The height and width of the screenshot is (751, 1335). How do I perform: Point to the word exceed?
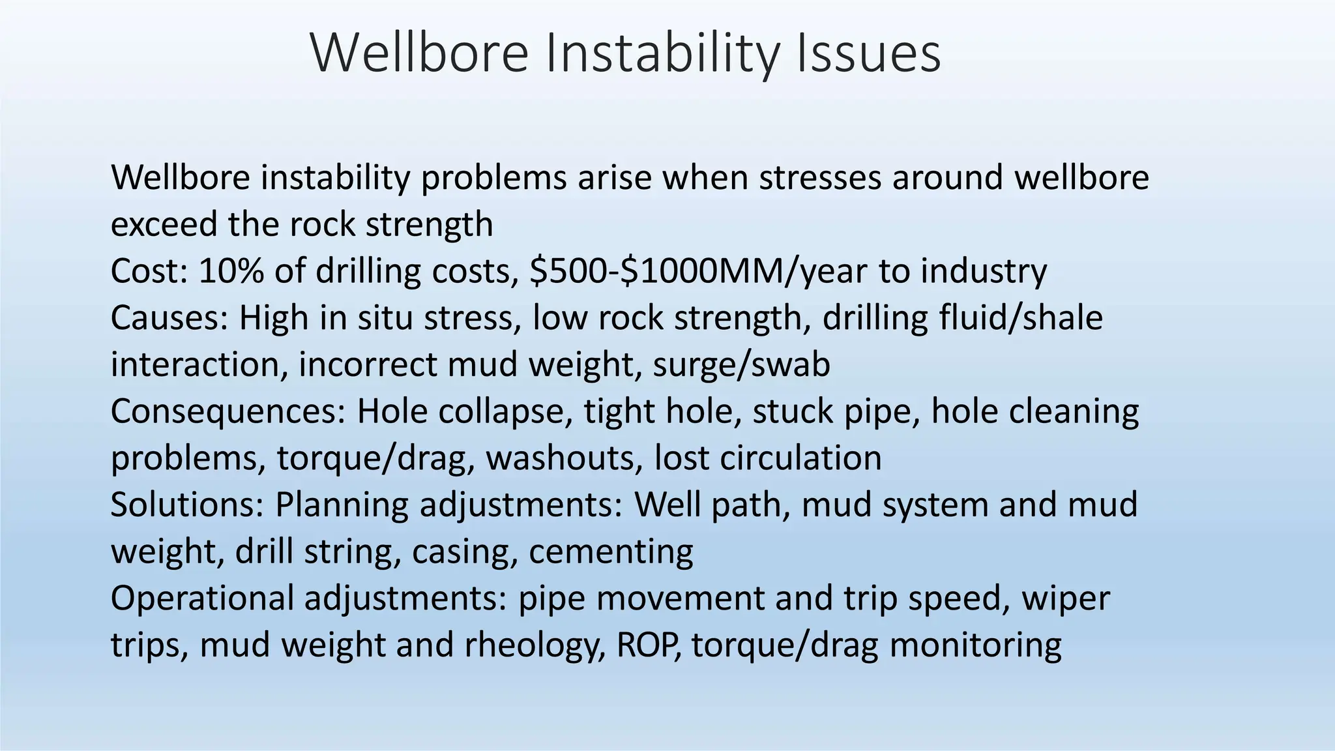pyautogui.click(x=164, y=224)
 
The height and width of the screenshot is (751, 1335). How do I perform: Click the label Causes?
pyautogui.click(x=169, y=318)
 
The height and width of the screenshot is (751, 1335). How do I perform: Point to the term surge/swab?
pyautogui.click(x=741, y=364)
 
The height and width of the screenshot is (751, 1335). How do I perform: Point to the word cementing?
pyautogui.click(x=611, y=552)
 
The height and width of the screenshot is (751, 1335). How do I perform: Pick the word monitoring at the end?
pyautogui.click(x=975, y=645)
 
